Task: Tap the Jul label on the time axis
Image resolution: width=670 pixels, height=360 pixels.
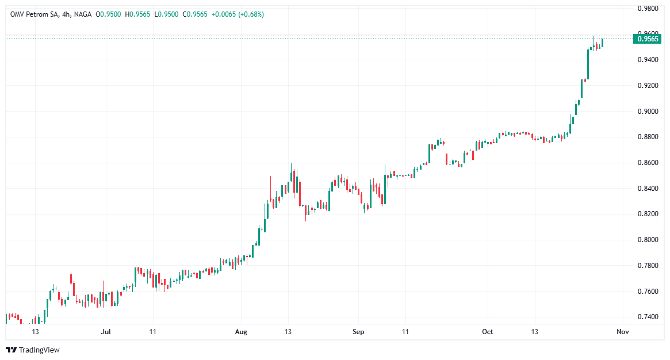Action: (105, 332)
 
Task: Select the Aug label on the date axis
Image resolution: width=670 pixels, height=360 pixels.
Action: (241, 332)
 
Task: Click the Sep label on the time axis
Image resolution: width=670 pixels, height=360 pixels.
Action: (358, 332)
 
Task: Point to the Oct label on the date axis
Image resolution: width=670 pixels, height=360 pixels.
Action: (488, 332)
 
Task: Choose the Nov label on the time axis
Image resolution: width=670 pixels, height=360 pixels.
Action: (621, 332)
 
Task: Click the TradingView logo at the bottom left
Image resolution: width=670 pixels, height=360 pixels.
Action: (33, 350)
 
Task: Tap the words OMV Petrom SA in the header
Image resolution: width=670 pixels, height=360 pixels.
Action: (32, 14)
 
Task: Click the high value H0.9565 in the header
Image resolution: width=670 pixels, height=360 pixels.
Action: (136, 14)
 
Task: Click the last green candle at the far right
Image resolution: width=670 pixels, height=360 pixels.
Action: (603, 43)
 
